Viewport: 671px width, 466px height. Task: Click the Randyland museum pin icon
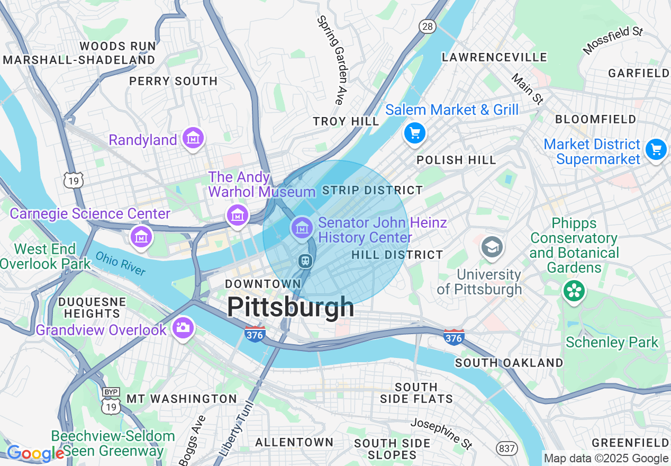[x=193, y=139]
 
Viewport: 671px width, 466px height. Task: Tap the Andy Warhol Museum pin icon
[x=238, y=216]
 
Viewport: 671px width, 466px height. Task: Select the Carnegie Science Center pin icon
[x=141, y=236]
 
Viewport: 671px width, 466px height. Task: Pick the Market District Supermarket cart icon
[x=656, y=150]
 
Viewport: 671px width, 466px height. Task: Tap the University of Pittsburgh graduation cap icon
[x=492, y=247]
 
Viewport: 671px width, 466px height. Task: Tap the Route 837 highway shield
[x=506, y=449]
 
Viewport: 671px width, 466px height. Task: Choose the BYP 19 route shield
[x=111, y=400]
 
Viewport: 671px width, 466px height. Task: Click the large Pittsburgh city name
[x=291, y=307]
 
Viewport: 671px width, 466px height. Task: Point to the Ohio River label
[x=121, y=263]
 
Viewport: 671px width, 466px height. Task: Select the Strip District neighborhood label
[x=373, y=190]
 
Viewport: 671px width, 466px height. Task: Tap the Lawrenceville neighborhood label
[x=494, y=57]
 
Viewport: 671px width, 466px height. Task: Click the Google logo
[x=35, y=453]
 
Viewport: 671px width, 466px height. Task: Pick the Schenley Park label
[x=612, y=343]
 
